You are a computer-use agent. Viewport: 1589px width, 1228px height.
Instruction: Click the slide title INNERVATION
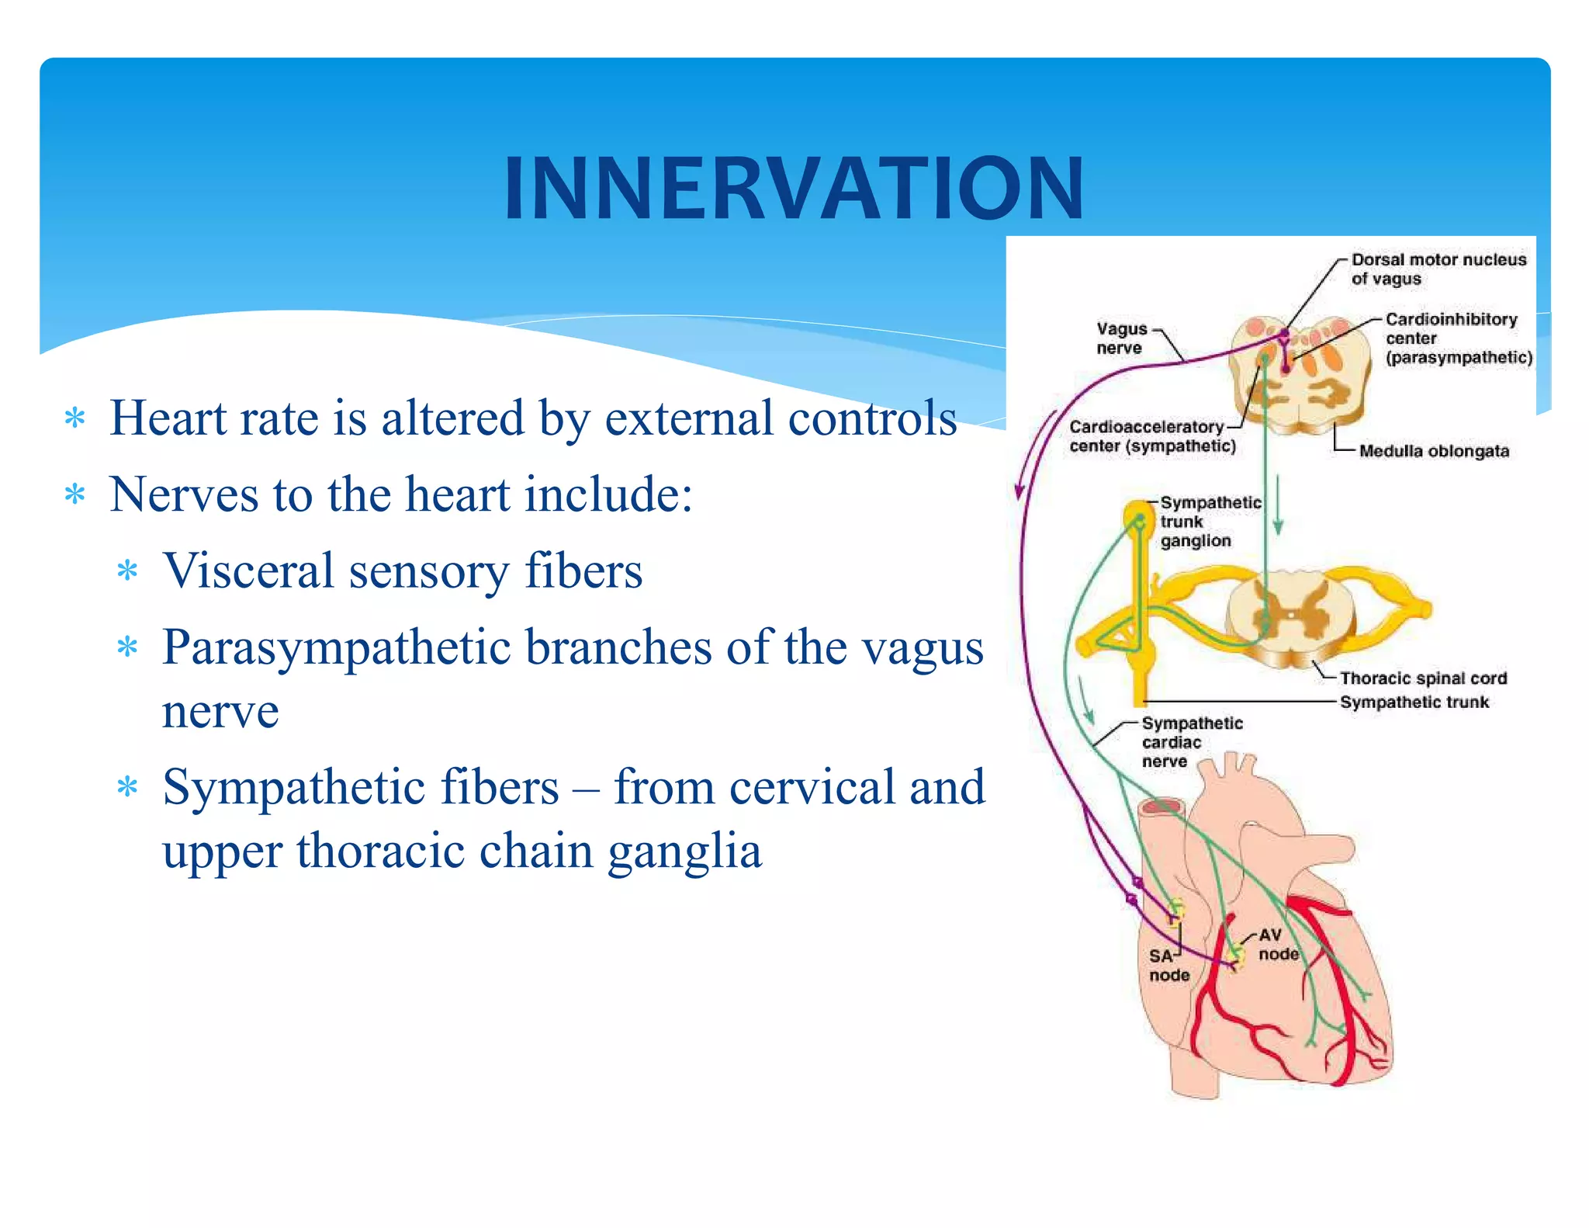[794, 188]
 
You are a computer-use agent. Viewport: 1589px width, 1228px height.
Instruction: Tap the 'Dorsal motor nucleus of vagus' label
[1438, 269]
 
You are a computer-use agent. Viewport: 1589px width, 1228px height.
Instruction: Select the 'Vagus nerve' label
[1120, 338]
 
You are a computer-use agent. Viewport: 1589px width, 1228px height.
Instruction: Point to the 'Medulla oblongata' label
[1434, 451]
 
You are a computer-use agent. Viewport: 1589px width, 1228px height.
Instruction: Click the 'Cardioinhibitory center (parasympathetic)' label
[1458, 338]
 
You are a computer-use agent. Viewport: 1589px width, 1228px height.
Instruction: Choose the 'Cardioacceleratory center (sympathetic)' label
[1151, 436]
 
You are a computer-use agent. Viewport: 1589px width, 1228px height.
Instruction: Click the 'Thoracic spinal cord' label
[1423, 678]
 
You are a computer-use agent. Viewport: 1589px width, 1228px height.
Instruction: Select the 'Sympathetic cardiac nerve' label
[1191, 742]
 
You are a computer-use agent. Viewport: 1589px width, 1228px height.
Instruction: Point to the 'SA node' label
[1168, 966]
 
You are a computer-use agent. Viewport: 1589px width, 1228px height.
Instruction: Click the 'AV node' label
[1277, 945]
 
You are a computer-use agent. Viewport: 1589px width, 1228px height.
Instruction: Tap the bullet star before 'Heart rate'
[75, 419]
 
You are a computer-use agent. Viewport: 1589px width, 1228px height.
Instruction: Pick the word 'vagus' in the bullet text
[923, 647]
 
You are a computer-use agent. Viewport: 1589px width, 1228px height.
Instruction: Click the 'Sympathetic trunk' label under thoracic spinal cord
[1414, 702]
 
